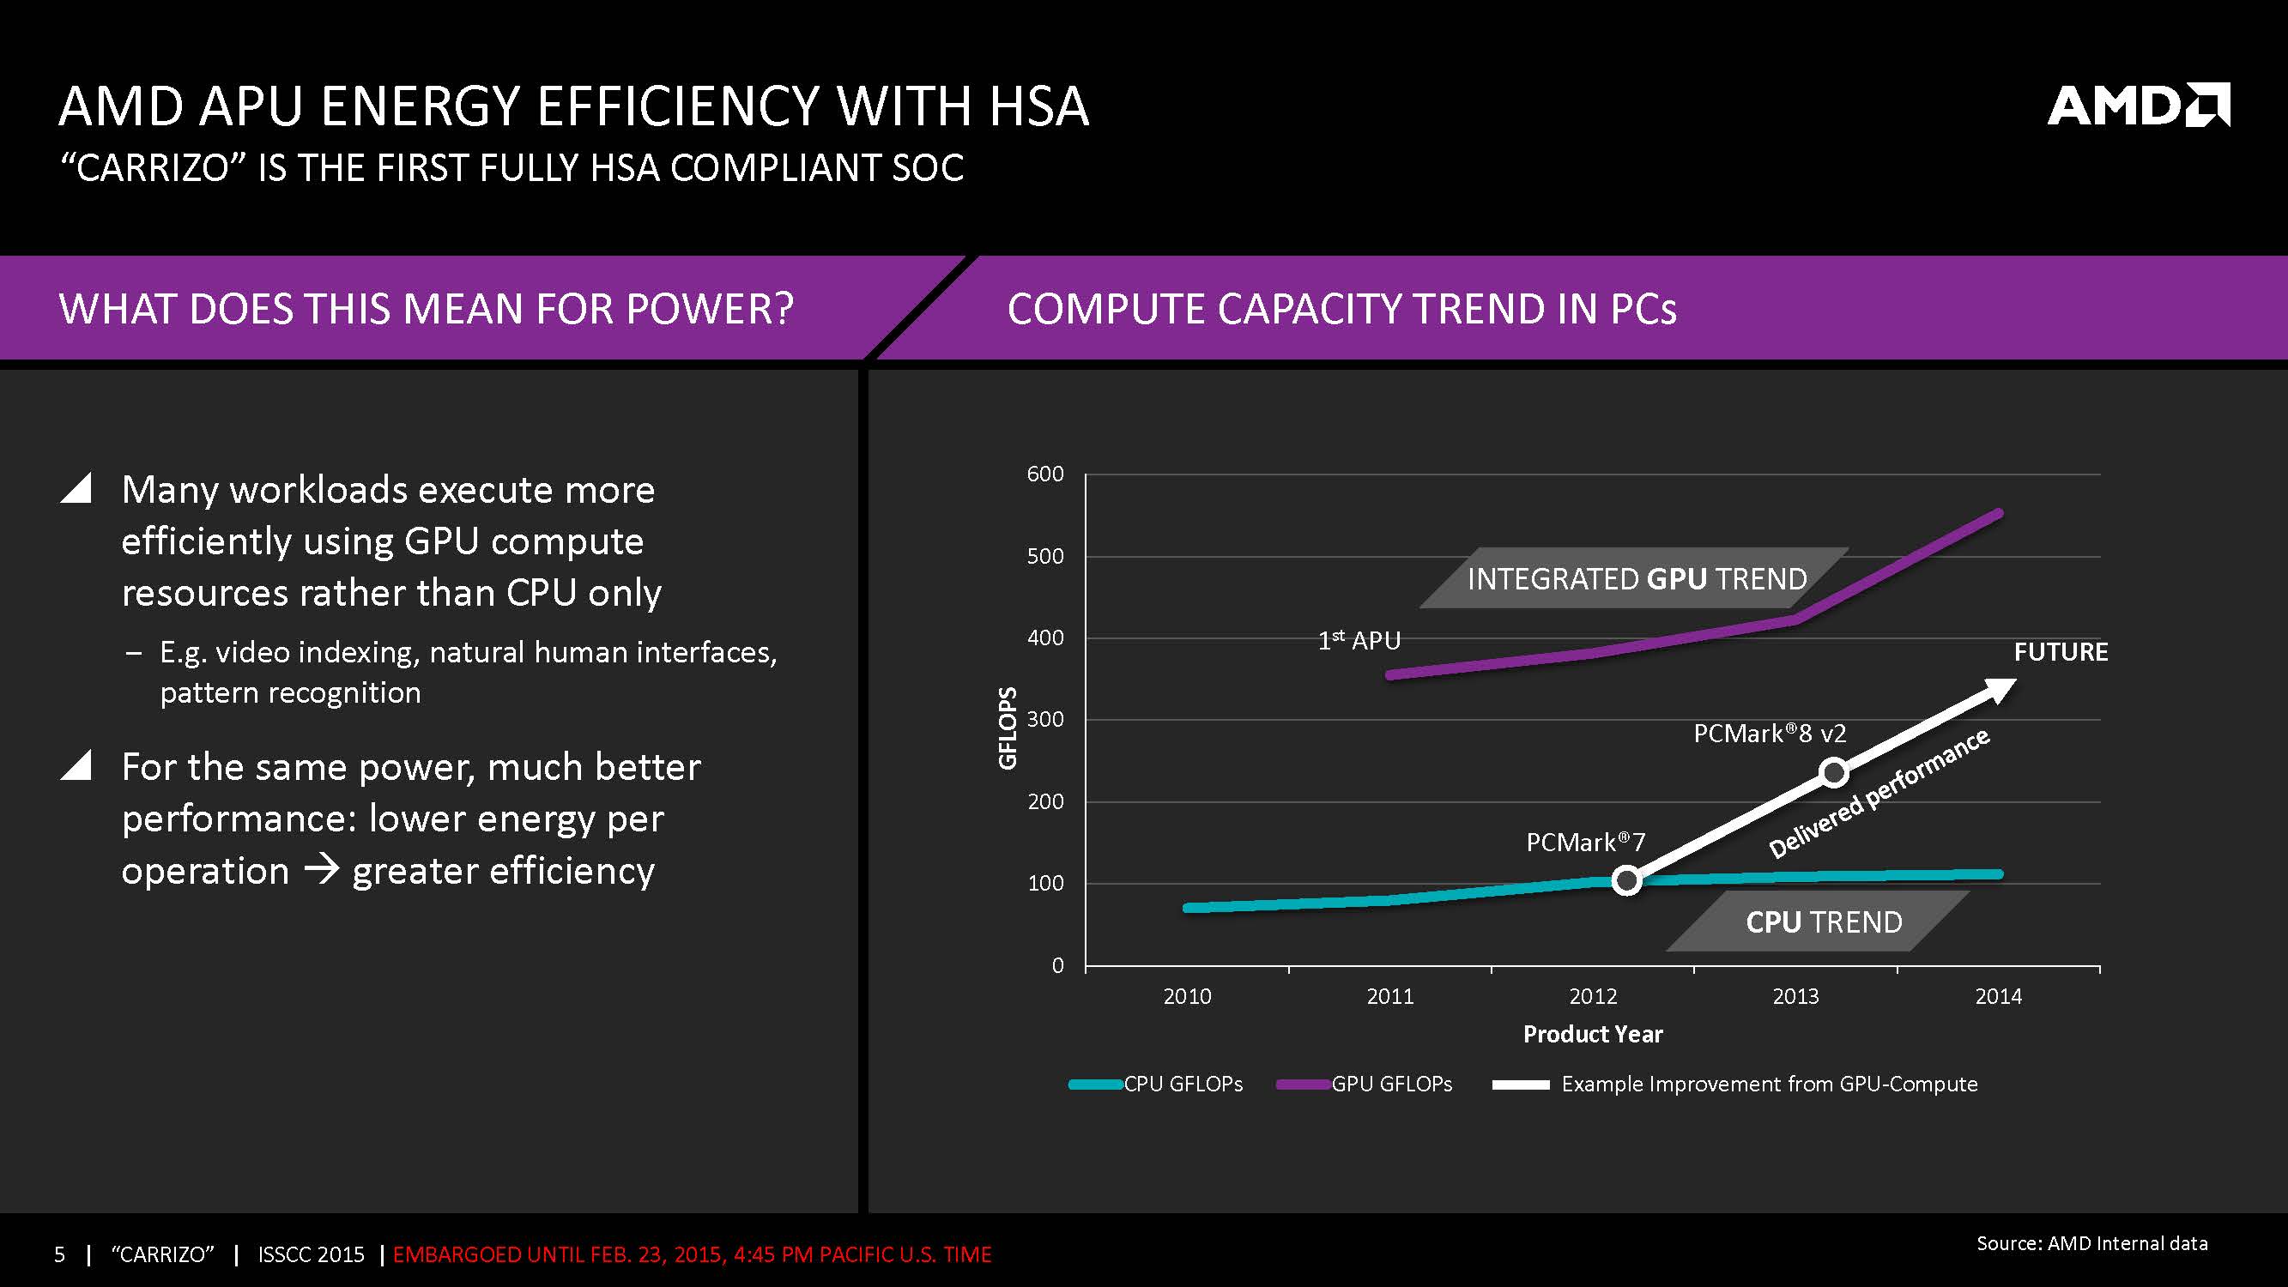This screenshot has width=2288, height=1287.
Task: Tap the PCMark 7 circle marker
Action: point(1626,880)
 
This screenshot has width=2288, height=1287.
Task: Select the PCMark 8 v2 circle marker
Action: point(1834,772)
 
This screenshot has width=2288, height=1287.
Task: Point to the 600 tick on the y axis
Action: point(1044,474)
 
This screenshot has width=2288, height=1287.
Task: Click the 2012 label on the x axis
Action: point(1593,995)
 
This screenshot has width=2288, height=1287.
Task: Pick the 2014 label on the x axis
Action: point(1998,995)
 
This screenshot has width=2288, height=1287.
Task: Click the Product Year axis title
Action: point(1593,1034)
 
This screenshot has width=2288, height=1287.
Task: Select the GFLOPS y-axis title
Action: point(1008,728)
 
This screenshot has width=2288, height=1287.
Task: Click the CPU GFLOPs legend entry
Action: point(1155,1084)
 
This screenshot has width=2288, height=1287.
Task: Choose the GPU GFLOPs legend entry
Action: point(1365,1084)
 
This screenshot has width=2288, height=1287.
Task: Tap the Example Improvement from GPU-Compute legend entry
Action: point(1734,1084)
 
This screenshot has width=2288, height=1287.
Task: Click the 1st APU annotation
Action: point(1359,640)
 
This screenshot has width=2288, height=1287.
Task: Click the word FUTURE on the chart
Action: point(2061,652)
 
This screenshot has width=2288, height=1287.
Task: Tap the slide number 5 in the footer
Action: point(59,1254)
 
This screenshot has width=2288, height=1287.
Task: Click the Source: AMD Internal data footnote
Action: point(2091,1243)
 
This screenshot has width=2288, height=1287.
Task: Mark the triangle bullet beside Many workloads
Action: point(77,488)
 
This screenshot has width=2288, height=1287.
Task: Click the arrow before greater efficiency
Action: point(321,868)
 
